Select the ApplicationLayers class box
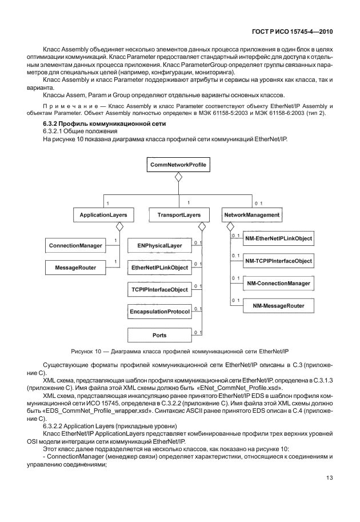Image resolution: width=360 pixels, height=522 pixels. (103, 215)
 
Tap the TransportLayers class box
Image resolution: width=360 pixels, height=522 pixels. (178, 215)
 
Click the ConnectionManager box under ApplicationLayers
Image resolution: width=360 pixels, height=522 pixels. (74, 246)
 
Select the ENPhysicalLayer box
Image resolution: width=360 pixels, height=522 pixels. (159, 246)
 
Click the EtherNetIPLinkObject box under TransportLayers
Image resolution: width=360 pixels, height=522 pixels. (159, 268)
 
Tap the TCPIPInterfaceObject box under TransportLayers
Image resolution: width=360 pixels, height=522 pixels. (159, 290)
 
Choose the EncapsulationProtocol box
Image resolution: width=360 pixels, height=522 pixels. (159, 312)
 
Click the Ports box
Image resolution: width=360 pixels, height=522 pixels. (159, 335)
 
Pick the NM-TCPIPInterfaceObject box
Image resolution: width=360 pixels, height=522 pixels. (278, 261)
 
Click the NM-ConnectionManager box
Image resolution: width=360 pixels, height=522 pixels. (278, 284)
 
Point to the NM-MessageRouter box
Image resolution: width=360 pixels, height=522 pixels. (278, 306)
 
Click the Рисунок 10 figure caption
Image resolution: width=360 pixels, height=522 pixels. (179, 349)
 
